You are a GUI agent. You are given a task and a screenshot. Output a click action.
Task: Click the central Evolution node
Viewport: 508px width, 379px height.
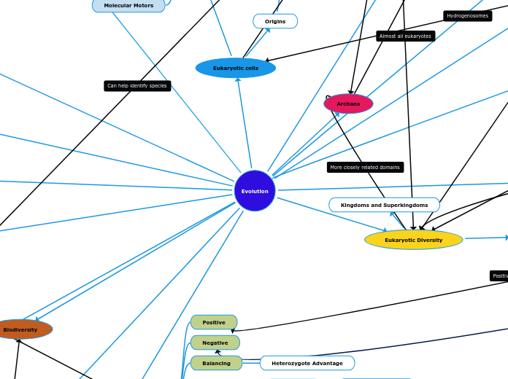coord(255,191)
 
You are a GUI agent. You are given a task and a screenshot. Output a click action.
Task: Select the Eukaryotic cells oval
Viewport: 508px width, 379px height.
coord(235,68)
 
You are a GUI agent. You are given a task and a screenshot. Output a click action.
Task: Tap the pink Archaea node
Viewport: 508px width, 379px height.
coord(348,103)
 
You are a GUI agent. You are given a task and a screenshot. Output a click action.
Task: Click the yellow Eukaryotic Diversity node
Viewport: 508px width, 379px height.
coord(413,240)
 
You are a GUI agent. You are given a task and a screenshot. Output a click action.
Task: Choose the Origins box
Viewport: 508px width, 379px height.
coord(275,21)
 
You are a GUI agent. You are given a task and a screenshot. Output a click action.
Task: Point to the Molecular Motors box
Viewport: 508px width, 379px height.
coord(128,5)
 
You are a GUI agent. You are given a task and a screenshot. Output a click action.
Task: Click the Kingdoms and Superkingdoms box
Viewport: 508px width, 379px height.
coord(384,205)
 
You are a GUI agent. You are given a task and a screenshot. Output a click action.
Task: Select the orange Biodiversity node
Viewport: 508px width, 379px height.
coord(20,329)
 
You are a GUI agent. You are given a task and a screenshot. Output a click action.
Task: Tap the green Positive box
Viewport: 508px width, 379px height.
coord(214,322)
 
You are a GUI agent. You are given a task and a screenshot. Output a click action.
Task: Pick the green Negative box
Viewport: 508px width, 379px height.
coord(215,343)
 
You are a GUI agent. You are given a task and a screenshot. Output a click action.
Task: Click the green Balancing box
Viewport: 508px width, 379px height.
coord(216,363)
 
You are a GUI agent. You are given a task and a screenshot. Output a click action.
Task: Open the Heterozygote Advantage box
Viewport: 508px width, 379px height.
coord(307,363)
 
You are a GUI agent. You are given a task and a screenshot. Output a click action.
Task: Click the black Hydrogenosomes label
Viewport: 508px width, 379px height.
coord(467,16)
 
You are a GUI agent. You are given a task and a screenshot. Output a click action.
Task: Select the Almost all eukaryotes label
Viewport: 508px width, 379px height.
coord(405,36)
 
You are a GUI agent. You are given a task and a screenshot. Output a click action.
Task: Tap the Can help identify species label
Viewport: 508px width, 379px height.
coord(137,86)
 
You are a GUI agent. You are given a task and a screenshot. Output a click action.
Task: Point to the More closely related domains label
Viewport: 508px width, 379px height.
coord(365,167)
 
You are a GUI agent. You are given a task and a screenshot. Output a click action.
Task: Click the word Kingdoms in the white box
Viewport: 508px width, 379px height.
coord(355,205)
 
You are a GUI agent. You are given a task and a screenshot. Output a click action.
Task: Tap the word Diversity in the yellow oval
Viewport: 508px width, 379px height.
coord(428,240)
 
